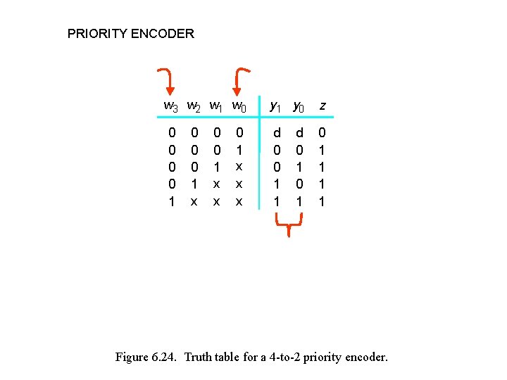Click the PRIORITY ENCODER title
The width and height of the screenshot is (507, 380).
click(130, 33)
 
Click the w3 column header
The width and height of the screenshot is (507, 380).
click(171, 106)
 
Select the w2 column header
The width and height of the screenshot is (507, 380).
click(194, 106)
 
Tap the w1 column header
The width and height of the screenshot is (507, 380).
click(217, 106)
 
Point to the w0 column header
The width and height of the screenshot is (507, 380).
click(239, 106)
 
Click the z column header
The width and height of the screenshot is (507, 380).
click(323, 106)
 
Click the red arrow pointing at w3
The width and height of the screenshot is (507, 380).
click(167, 81)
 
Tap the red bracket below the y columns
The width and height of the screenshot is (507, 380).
click(288, 226)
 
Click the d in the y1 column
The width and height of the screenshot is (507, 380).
click(277, 132)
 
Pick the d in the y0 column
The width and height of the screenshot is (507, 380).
click(300, 132)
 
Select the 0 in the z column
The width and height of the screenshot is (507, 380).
click(323, 132)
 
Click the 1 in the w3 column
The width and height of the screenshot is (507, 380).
click(171, 201)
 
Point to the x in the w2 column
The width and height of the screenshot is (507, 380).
click(194, 201)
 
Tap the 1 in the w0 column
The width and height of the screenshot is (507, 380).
click(239, 149)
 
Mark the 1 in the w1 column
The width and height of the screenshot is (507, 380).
click(217, 167)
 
